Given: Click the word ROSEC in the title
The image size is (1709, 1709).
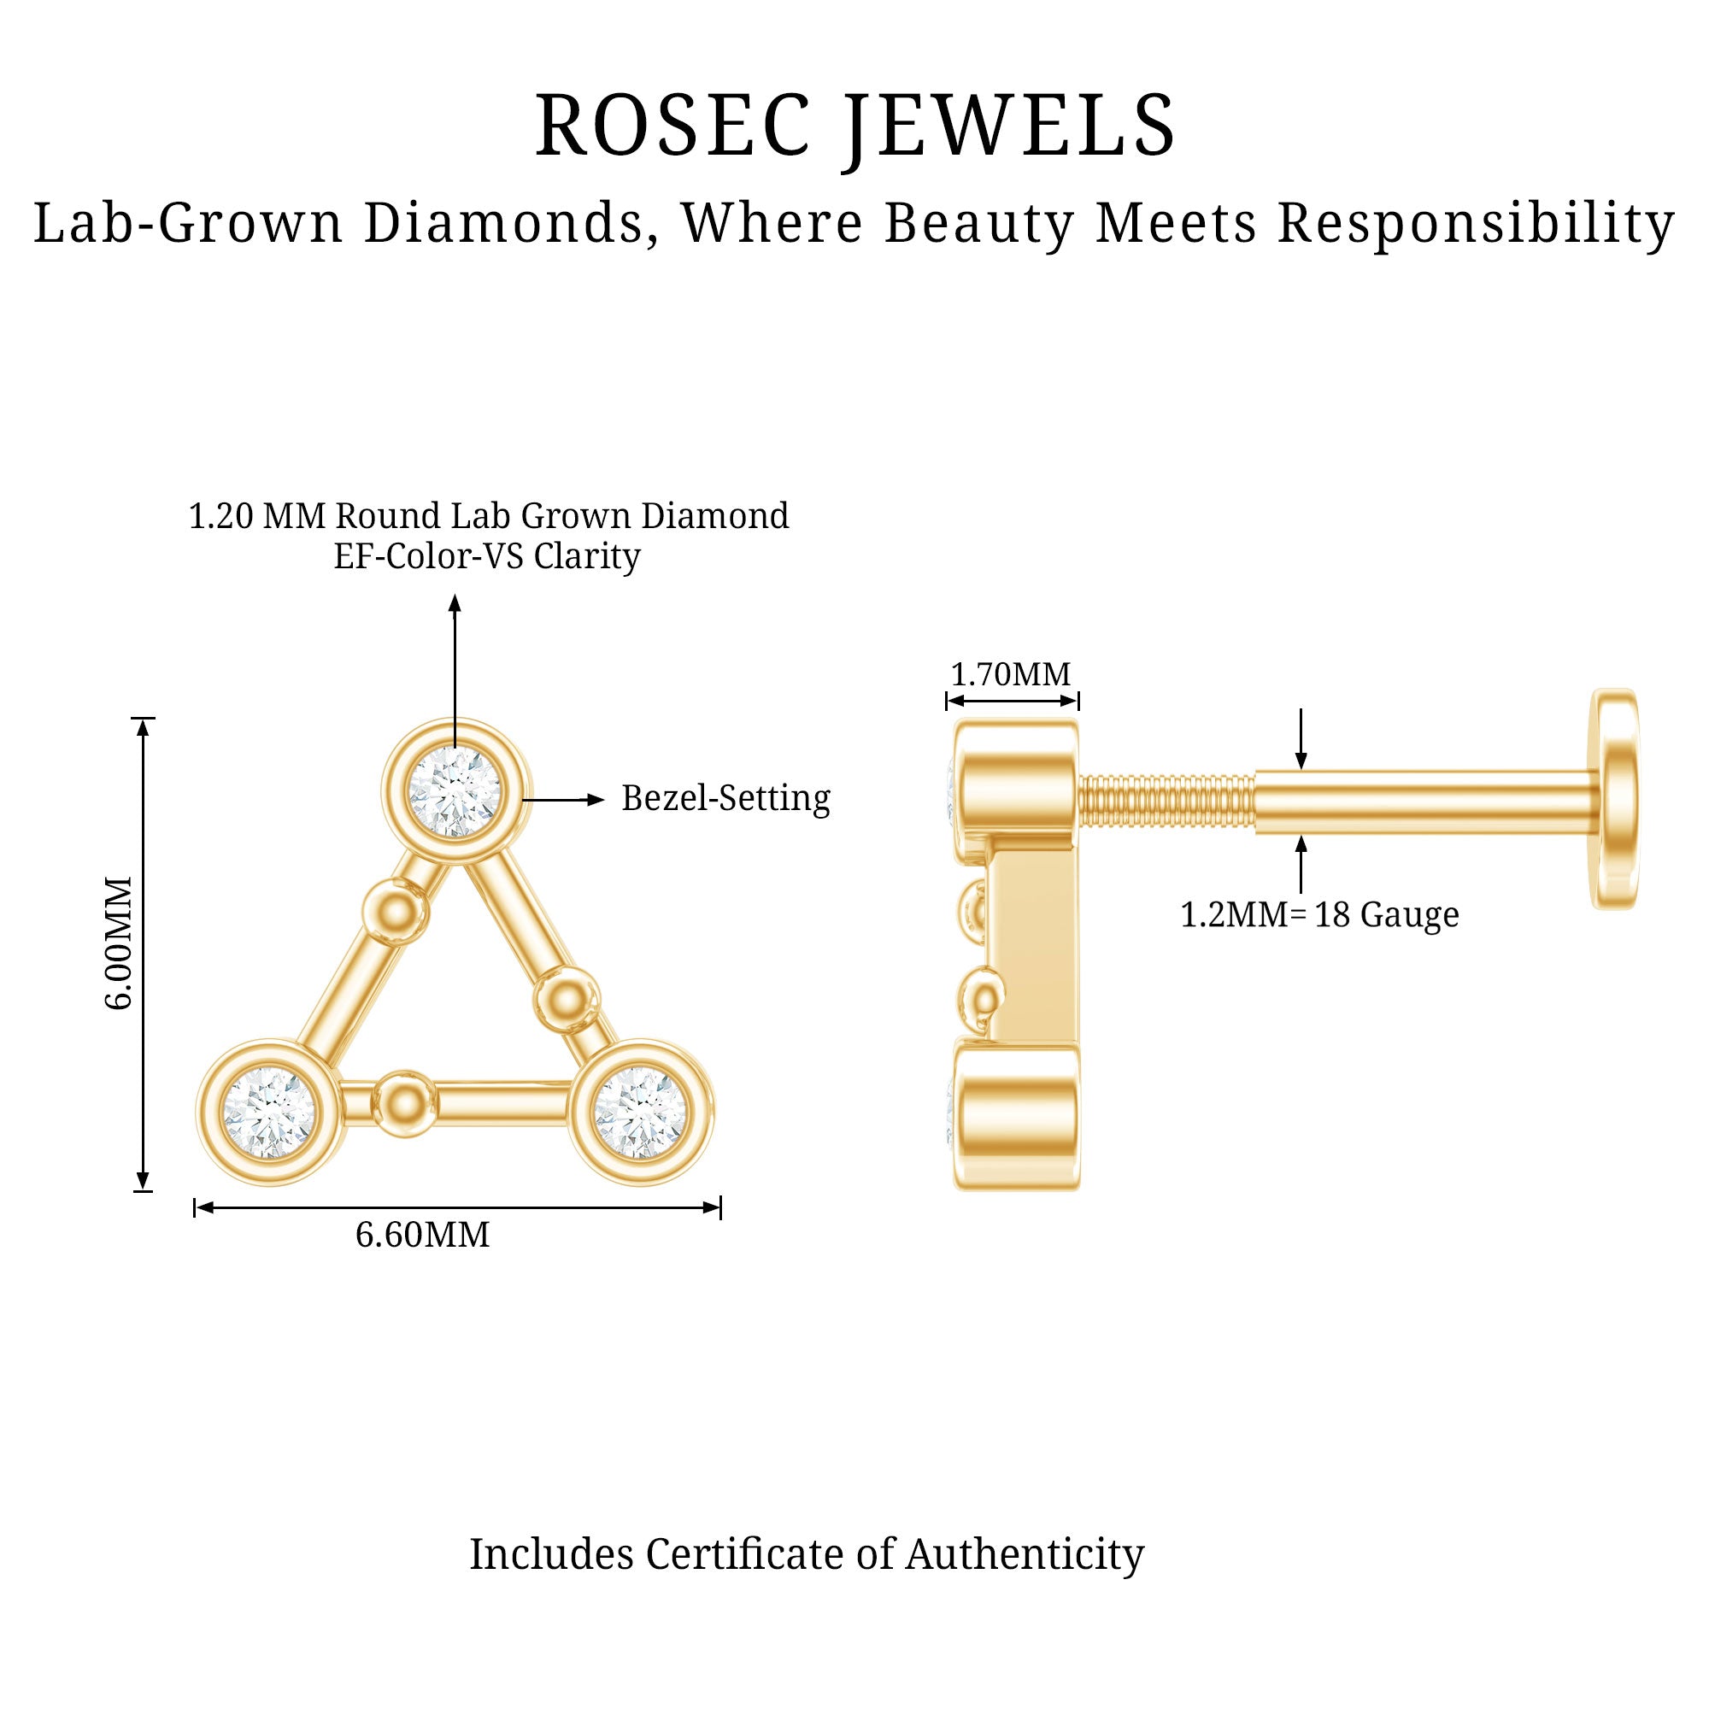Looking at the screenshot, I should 672,126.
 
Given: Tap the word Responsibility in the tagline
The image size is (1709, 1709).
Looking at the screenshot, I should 1476,224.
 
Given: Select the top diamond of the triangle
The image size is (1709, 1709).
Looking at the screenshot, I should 455,790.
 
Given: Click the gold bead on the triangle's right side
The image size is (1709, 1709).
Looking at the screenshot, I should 565,1001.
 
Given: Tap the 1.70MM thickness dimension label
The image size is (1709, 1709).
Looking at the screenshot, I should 1010,675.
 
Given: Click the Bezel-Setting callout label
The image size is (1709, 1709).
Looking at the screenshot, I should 725,798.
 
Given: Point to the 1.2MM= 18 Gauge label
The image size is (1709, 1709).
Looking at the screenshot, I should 1318,913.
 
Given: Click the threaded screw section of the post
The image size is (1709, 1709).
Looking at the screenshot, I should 1166,802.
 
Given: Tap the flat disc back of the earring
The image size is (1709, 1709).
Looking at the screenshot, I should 1613,799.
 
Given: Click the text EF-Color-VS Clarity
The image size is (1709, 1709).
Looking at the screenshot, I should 486,557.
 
